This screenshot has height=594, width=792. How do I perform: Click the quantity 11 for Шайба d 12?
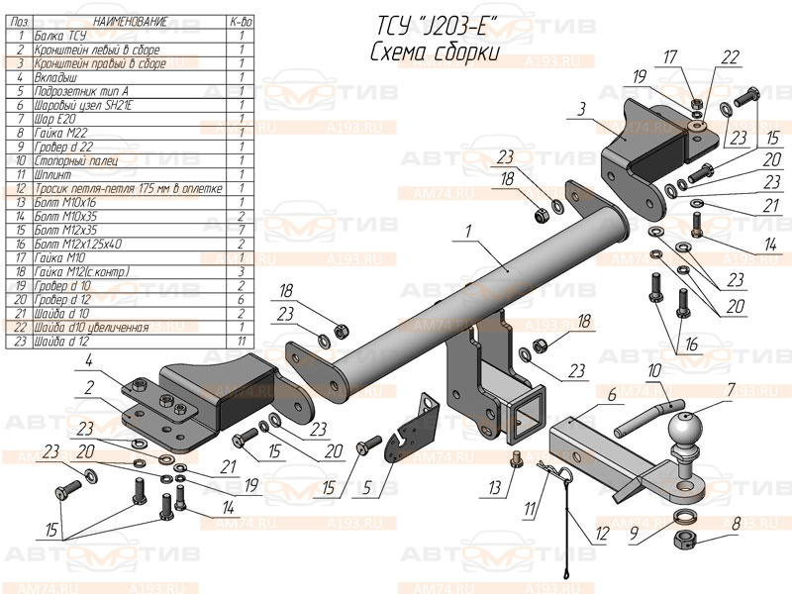(241, 340)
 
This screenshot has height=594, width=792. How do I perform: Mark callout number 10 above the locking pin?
(653, 371)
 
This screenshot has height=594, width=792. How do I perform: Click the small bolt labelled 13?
(515, 459)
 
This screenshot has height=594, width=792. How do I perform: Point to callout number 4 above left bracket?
(88, 359)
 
